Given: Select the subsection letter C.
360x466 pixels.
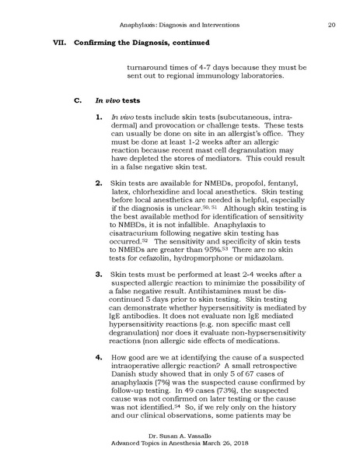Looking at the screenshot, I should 75,100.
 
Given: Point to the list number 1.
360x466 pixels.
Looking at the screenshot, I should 98,117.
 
